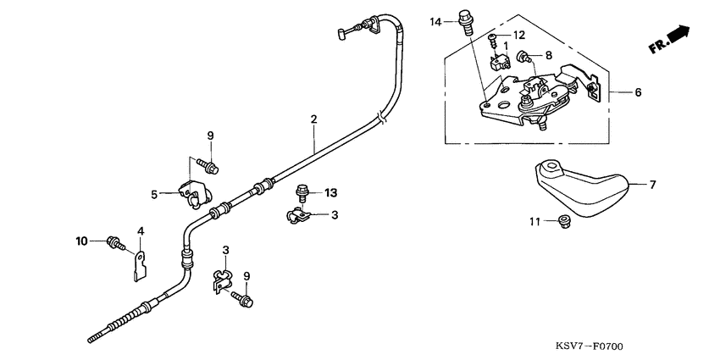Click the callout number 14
pyautogui.click(x=435, y=20)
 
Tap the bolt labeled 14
pyautogui.click(x=464, y=19)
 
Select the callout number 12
pyautogui.click(x=519, y=35)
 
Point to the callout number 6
pyautogui.click(x=638, y=92)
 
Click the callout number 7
pyautogui.click(x=652, y=183)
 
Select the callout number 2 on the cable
pyautogui.click(x=313, y=119)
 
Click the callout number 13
pyautogui.click(x=330, y=192)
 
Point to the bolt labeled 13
pyautogui.click(x=301, y=194)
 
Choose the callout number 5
pyautogui.click(x=154, y=194)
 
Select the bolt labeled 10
pyautogui.click(x=114, y=243)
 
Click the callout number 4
pyautogui.click(x=141, y=230)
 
